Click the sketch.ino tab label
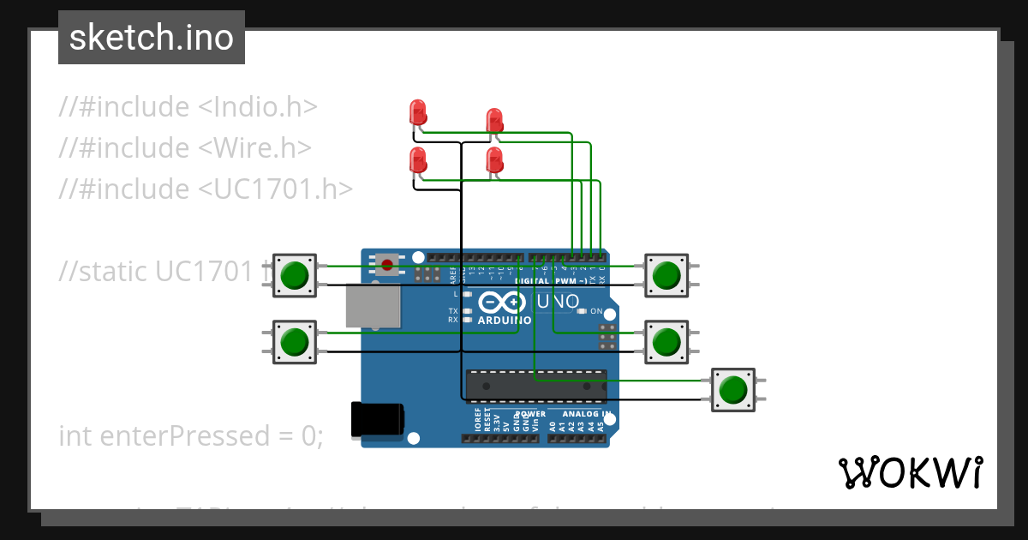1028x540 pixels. click(151, 38)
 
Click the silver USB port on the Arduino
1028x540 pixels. click(372, 306)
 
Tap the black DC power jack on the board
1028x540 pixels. click(377, 420)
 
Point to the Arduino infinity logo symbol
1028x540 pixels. click(500, 303)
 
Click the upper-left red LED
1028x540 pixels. click(418, 112)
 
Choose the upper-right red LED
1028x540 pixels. click(494, 121)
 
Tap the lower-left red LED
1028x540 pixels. click(418, 159)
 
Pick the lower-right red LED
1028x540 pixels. click(494, 159)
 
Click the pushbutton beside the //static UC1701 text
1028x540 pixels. click(295, 275)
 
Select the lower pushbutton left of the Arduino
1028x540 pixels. click(295, 341)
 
